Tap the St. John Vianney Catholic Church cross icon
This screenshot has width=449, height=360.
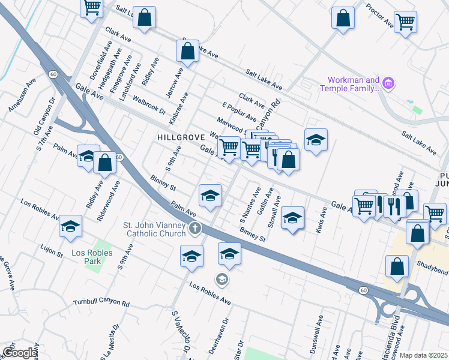click(x=194, y=228)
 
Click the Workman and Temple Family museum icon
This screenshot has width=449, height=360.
click(x=388, y=83)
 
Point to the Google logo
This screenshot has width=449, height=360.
click(x=19, y=353)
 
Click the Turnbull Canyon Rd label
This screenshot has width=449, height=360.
click(x=101, y=304)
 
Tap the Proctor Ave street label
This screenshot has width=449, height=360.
click(x=379, y=16)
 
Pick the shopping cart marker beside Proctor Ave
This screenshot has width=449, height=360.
click(x=406, y=22)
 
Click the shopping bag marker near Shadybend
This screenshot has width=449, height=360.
click(x=396, y=267)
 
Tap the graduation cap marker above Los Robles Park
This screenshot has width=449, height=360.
click(x=70, y=226)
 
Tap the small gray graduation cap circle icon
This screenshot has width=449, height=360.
click(x=221, y=279)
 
